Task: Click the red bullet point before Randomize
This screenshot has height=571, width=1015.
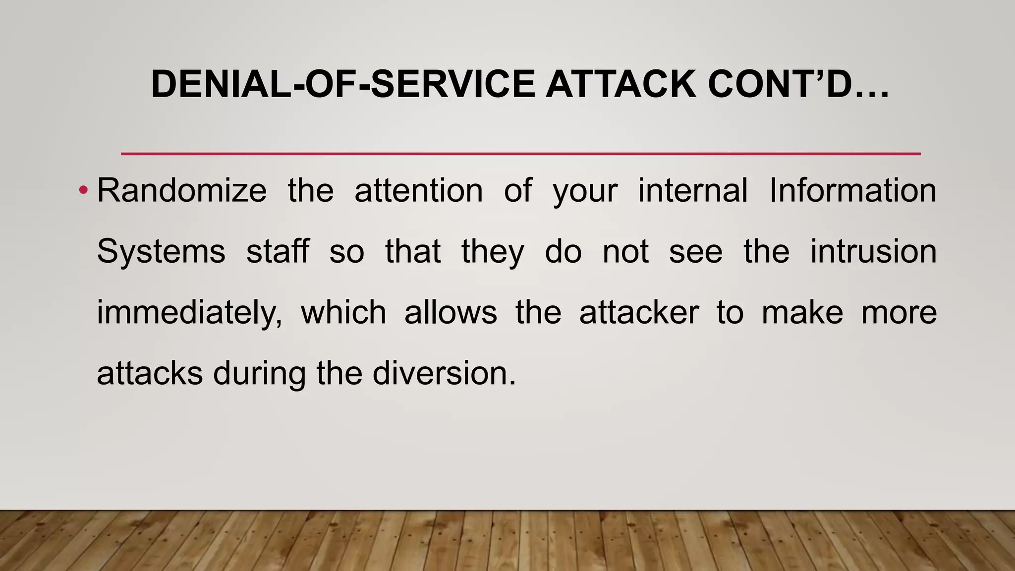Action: click(x=83, y=190)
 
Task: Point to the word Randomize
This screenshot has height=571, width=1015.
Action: click(x=181, y=190)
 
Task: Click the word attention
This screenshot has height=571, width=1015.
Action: click(x=419, y=190)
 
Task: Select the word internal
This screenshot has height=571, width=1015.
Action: click(x=693, y=190)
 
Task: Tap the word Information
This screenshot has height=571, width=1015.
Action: click(x=852, y=190)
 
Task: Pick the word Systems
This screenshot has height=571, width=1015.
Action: click(x=161, y=251)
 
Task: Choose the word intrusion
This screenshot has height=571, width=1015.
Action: click(x=873, y=251)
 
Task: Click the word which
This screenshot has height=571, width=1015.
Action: click(x=343, y=312)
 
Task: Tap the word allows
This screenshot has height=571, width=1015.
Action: click(x=451, y=312)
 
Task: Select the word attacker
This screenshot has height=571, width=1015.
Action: click(x=639, y=312)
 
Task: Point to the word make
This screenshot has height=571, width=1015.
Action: click(x=802, y=312)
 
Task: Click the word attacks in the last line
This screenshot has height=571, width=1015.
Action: click(x=150, y=373)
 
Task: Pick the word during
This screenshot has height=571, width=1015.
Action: click(x=259, y=373)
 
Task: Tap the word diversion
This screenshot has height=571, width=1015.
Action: click(x=444, y=373)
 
